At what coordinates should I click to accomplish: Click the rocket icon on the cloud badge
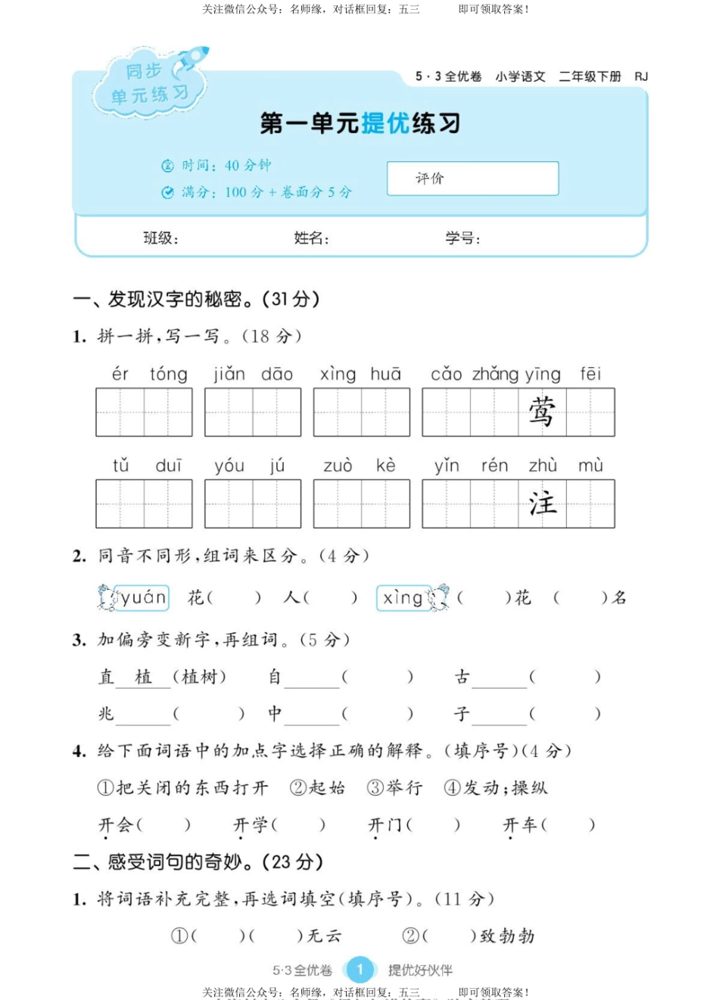[191, 61]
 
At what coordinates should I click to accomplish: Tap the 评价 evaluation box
[472, 179]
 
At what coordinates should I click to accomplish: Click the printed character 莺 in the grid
[542, 413]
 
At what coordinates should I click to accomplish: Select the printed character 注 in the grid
[542, 504]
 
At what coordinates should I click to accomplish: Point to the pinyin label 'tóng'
[168, 374]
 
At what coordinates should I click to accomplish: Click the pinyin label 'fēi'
[590, 374]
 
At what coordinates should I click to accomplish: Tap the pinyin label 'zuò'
[338, 466]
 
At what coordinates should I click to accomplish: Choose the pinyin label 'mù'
[590, 466]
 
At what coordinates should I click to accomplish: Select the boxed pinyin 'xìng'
[403, 598]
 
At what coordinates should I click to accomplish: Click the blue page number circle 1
[359, 970]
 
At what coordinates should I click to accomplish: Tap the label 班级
[160, 238]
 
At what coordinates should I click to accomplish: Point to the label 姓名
[310, 238]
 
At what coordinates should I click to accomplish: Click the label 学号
[462, 238]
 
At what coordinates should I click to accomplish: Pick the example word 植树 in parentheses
[199, 677]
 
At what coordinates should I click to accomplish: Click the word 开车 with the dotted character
[520, 824]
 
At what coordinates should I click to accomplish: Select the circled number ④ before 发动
[452, 788]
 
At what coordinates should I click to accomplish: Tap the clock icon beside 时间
[167, 166]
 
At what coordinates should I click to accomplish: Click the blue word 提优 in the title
[385, 123]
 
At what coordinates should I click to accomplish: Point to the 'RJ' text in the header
[641, 76]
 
